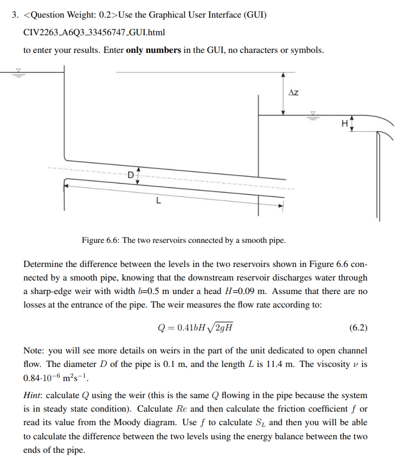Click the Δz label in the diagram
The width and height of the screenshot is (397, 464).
tap(294, 93)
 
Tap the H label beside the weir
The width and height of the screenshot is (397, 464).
tap(344, 123)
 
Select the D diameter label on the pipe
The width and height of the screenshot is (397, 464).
tap(130, 174)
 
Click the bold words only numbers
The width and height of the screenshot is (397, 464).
tap(153, 50)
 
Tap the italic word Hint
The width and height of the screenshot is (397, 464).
tap(33, 395)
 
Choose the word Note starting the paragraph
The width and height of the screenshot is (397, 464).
tap(34, 351)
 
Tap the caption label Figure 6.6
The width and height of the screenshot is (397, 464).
tap(100, 241)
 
